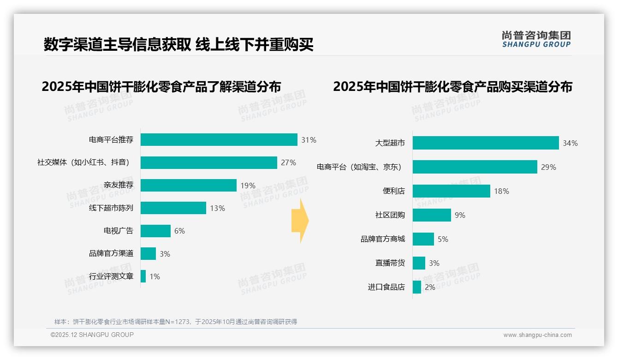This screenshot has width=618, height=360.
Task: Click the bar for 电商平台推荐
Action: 219,140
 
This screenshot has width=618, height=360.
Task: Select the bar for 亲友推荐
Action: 188,186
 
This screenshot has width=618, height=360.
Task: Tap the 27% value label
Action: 288,162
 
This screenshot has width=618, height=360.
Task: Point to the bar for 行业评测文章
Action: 143,276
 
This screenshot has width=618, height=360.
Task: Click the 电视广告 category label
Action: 118,231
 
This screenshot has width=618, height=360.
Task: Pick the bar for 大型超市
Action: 485,143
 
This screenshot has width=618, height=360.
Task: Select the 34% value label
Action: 570,143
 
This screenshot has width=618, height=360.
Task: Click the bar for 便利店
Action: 451,191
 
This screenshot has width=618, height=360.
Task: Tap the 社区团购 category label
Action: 390,215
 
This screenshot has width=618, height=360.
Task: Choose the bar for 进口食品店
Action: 417,287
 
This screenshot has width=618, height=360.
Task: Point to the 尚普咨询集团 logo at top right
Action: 536,39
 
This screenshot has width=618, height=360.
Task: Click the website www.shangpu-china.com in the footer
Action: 537,335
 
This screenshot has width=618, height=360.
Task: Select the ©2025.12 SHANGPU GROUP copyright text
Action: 92,335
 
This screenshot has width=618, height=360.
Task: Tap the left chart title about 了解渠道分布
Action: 161,87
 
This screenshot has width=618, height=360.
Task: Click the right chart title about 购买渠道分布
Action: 452,87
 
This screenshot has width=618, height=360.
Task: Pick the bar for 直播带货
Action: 419,263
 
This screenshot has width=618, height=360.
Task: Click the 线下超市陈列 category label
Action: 111,208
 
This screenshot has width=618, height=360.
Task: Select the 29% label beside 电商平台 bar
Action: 548,167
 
